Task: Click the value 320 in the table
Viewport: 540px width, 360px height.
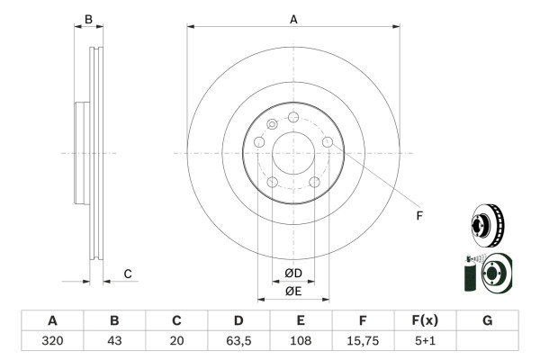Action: pyautogui.click(x=52, y=341)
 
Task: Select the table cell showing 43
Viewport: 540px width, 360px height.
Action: pyautogui.click(x=114, y=341)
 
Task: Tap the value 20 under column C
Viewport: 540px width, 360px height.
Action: pyautogui.click(x=176, y=341)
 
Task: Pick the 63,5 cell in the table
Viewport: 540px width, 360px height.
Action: pyautogui.click(x=238, y=341)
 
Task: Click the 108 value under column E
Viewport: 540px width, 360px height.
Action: pyautogui.click(x=301, y=341)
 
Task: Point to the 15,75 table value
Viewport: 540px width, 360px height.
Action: pyautogui.click(x=363, y=341)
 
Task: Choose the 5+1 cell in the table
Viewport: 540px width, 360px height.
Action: pyautogui.click(x=425, y=341)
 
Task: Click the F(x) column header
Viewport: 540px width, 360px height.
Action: pyautogui.click(x=425, y=320)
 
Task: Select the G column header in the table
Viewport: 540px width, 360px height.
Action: pyautogui.click(x=487, y=320)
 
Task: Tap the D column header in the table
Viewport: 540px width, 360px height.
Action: pyautogui.click(x=238, y=320)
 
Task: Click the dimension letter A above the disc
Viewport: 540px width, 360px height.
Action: pyautogui.click(x=293, y=18)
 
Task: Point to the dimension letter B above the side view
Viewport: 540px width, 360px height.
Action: pyautogui.click(x=88, y=18)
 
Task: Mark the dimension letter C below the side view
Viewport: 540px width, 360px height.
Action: pyautogui.click(x=128, y=274)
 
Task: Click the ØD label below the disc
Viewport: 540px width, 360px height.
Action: pyautogui.click(x=293, y=273)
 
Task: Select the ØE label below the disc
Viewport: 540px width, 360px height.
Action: pyautogui.click(x=293, y=290)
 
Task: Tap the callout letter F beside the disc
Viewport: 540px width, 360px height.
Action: pyautogui.click(x=418, y=215)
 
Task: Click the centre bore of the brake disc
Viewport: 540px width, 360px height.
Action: pyautogui.click(x=293, y=153)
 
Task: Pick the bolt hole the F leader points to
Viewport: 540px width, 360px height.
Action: pyautogui.click(x=328, y=142)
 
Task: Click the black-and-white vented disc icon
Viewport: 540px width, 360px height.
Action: pyautogui.click(x=488, y=225)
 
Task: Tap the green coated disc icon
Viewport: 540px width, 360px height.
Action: pyautogui.click(x=486, y=274)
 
